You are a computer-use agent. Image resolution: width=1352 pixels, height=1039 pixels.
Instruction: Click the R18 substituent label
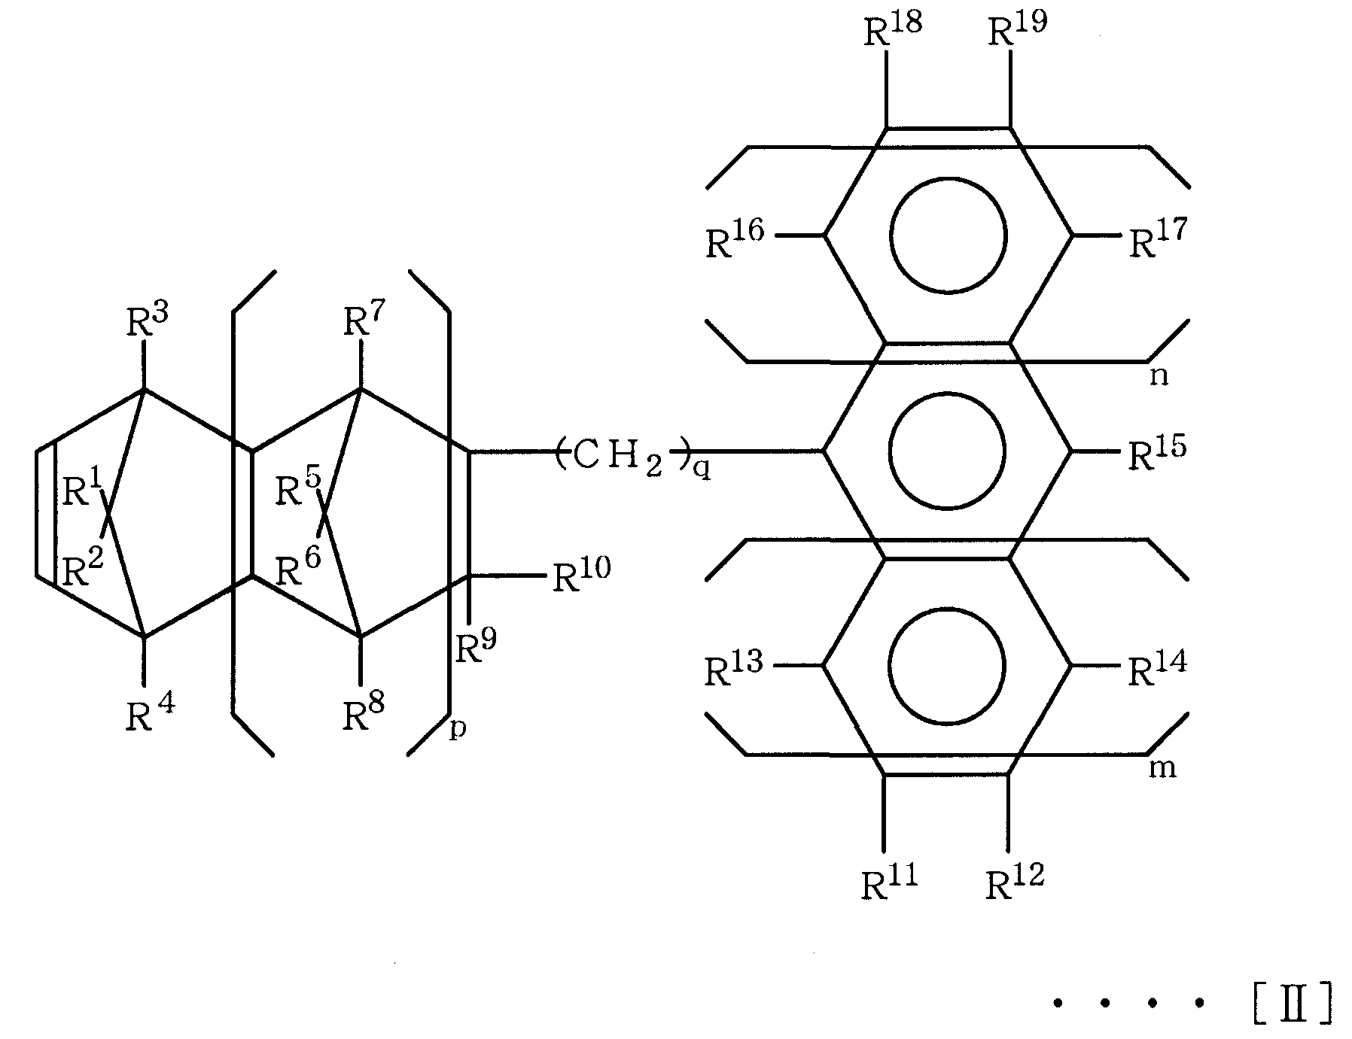(892, 31)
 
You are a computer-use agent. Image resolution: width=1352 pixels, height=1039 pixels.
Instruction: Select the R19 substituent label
(1017, 31)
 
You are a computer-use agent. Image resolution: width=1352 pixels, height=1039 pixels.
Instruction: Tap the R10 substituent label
(582, 576)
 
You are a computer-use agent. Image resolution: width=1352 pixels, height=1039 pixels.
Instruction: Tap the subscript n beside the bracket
(1159, 376)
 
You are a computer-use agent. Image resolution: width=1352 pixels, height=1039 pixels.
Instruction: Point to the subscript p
(458, 731)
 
